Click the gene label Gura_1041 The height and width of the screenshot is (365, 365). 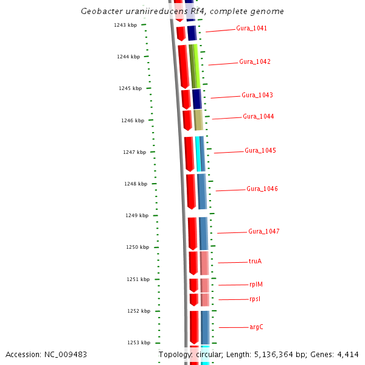[251, 29]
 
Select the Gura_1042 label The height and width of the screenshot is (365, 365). [255, 62]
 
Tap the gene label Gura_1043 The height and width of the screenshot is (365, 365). [257, 96]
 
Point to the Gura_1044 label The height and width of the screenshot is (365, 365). [259, 117]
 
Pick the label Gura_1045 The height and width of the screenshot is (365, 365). [260, 151]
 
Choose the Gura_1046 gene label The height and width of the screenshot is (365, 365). [262, 189]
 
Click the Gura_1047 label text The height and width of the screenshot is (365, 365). [264, 232]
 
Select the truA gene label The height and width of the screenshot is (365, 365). [255, 262]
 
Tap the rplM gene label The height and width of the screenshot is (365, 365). [256, 285]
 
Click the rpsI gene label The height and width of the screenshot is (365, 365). [255, 299]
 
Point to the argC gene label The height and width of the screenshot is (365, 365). [256, 327]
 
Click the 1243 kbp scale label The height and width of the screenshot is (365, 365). [125, 25]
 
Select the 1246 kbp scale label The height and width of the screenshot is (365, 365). [133, 120]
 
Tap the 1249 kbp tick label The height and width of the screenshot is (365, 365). [137, 215]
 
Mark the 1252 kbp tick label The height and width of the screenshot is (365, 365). [139, 311]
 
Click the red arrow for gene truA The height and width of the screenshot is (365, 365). [193, 263]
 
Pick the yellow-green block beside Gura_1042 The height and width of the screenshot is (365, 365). [195, 66]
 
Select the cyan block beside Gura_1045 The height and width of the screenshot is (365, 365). [198, 153]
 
